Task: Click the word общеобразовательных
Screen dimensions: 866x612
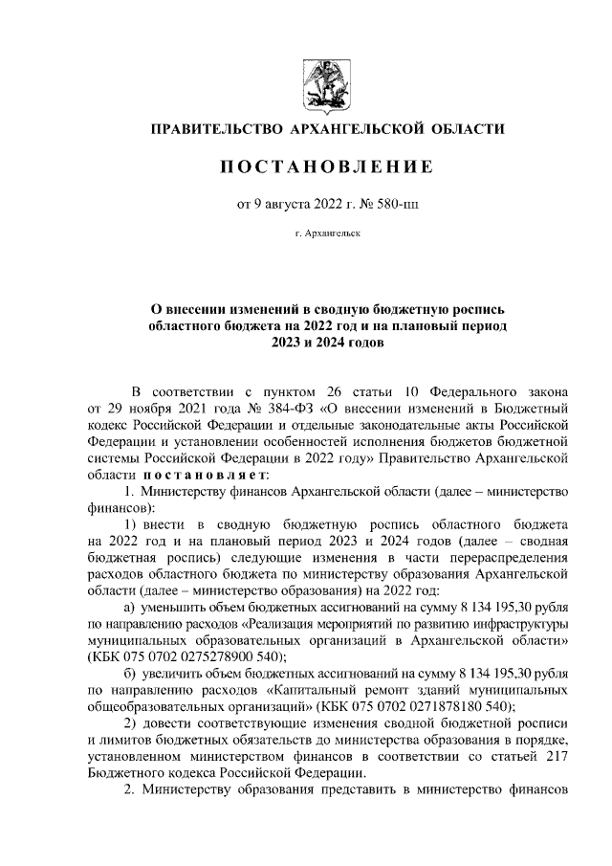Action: tap(160, 703)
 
